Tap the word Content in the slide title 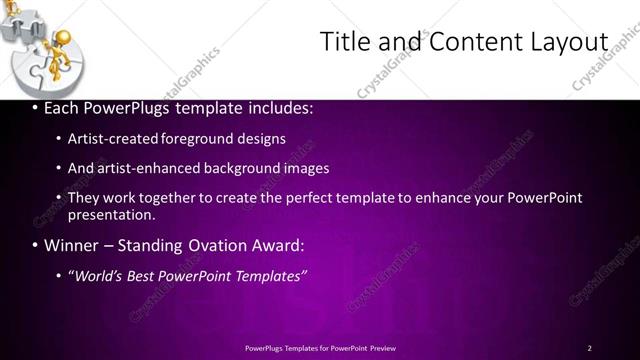point(469,42)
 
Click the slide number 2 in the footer point(589,347)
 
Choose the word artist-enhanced point(149,168)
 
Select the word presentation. point(111,214)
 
